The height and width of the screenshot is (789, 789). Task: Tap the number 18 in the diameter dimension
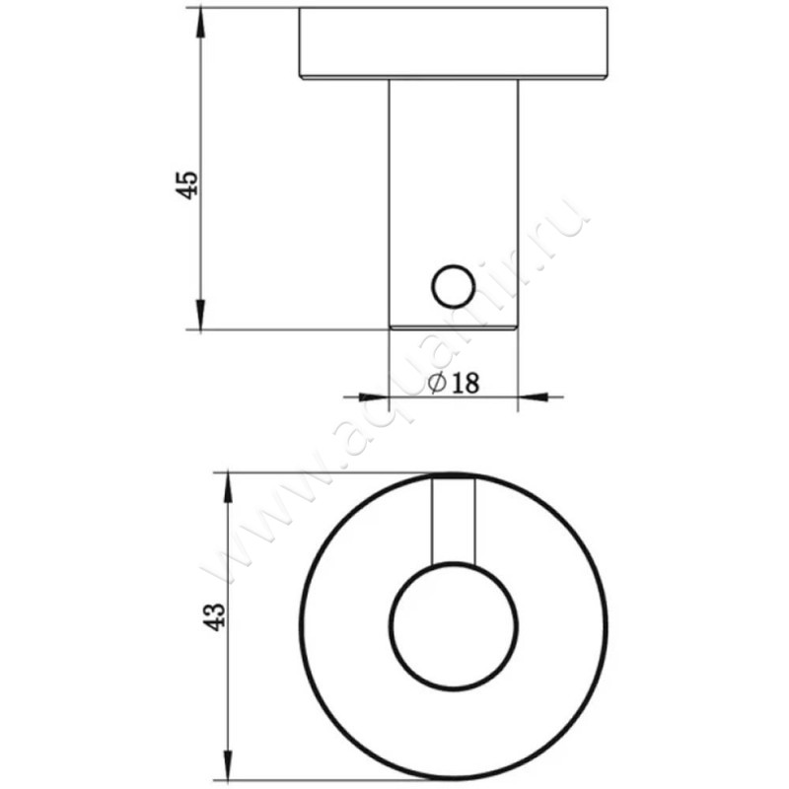[x=464, y=384]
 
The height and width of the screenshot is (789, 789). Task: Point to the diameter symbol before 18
[x=437, y=383]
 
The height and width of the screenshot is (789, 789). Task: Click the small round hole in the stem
[x=452, y=286]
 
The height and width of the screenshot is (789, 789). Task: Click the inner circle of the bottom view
[x=453, y=627]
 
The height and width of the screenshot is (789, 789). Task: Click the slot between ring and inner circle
[x=454, y=523]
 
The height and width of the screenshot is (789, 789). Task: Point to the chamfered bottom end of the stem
[x=453, y=324]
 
